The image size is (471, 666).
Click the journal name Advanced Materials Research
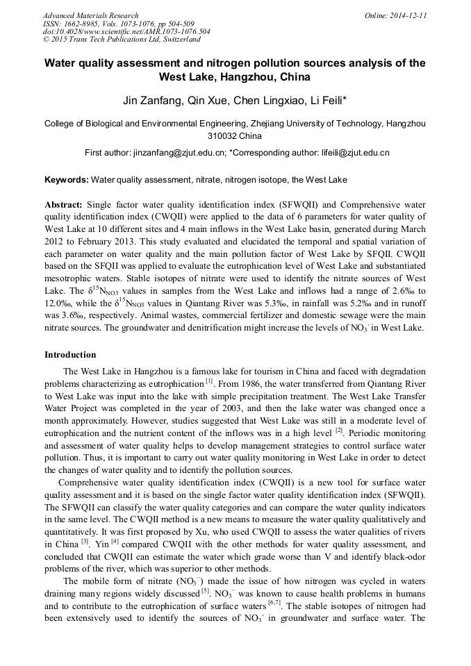[90, 15]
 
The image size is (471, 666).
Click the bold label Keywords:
[67, 181]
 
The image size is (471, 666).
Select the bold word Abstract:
[64, 206]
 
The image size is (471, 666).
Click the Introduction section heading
[70, 355]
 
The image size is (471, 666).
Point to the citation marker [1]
[208, 382]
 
